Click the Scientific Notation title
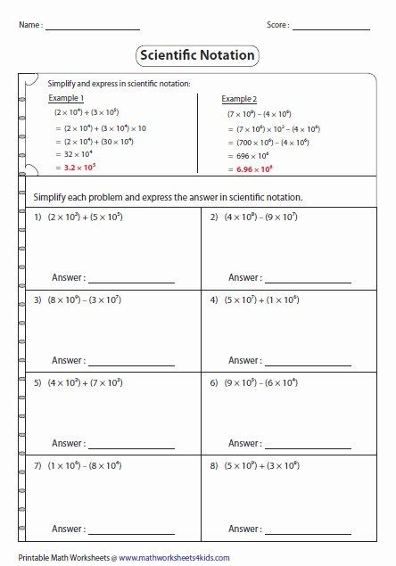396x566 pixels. click(198, 55)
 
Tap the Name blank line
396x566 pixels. click(92, 29)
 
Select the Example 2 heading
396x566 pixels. click(239, 98)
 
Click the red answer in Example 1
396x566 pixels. click(76, 167)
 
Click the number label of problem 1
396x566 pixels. click(38, 217)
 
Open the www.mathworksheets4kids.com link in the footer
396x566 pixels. click(174, 558)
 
